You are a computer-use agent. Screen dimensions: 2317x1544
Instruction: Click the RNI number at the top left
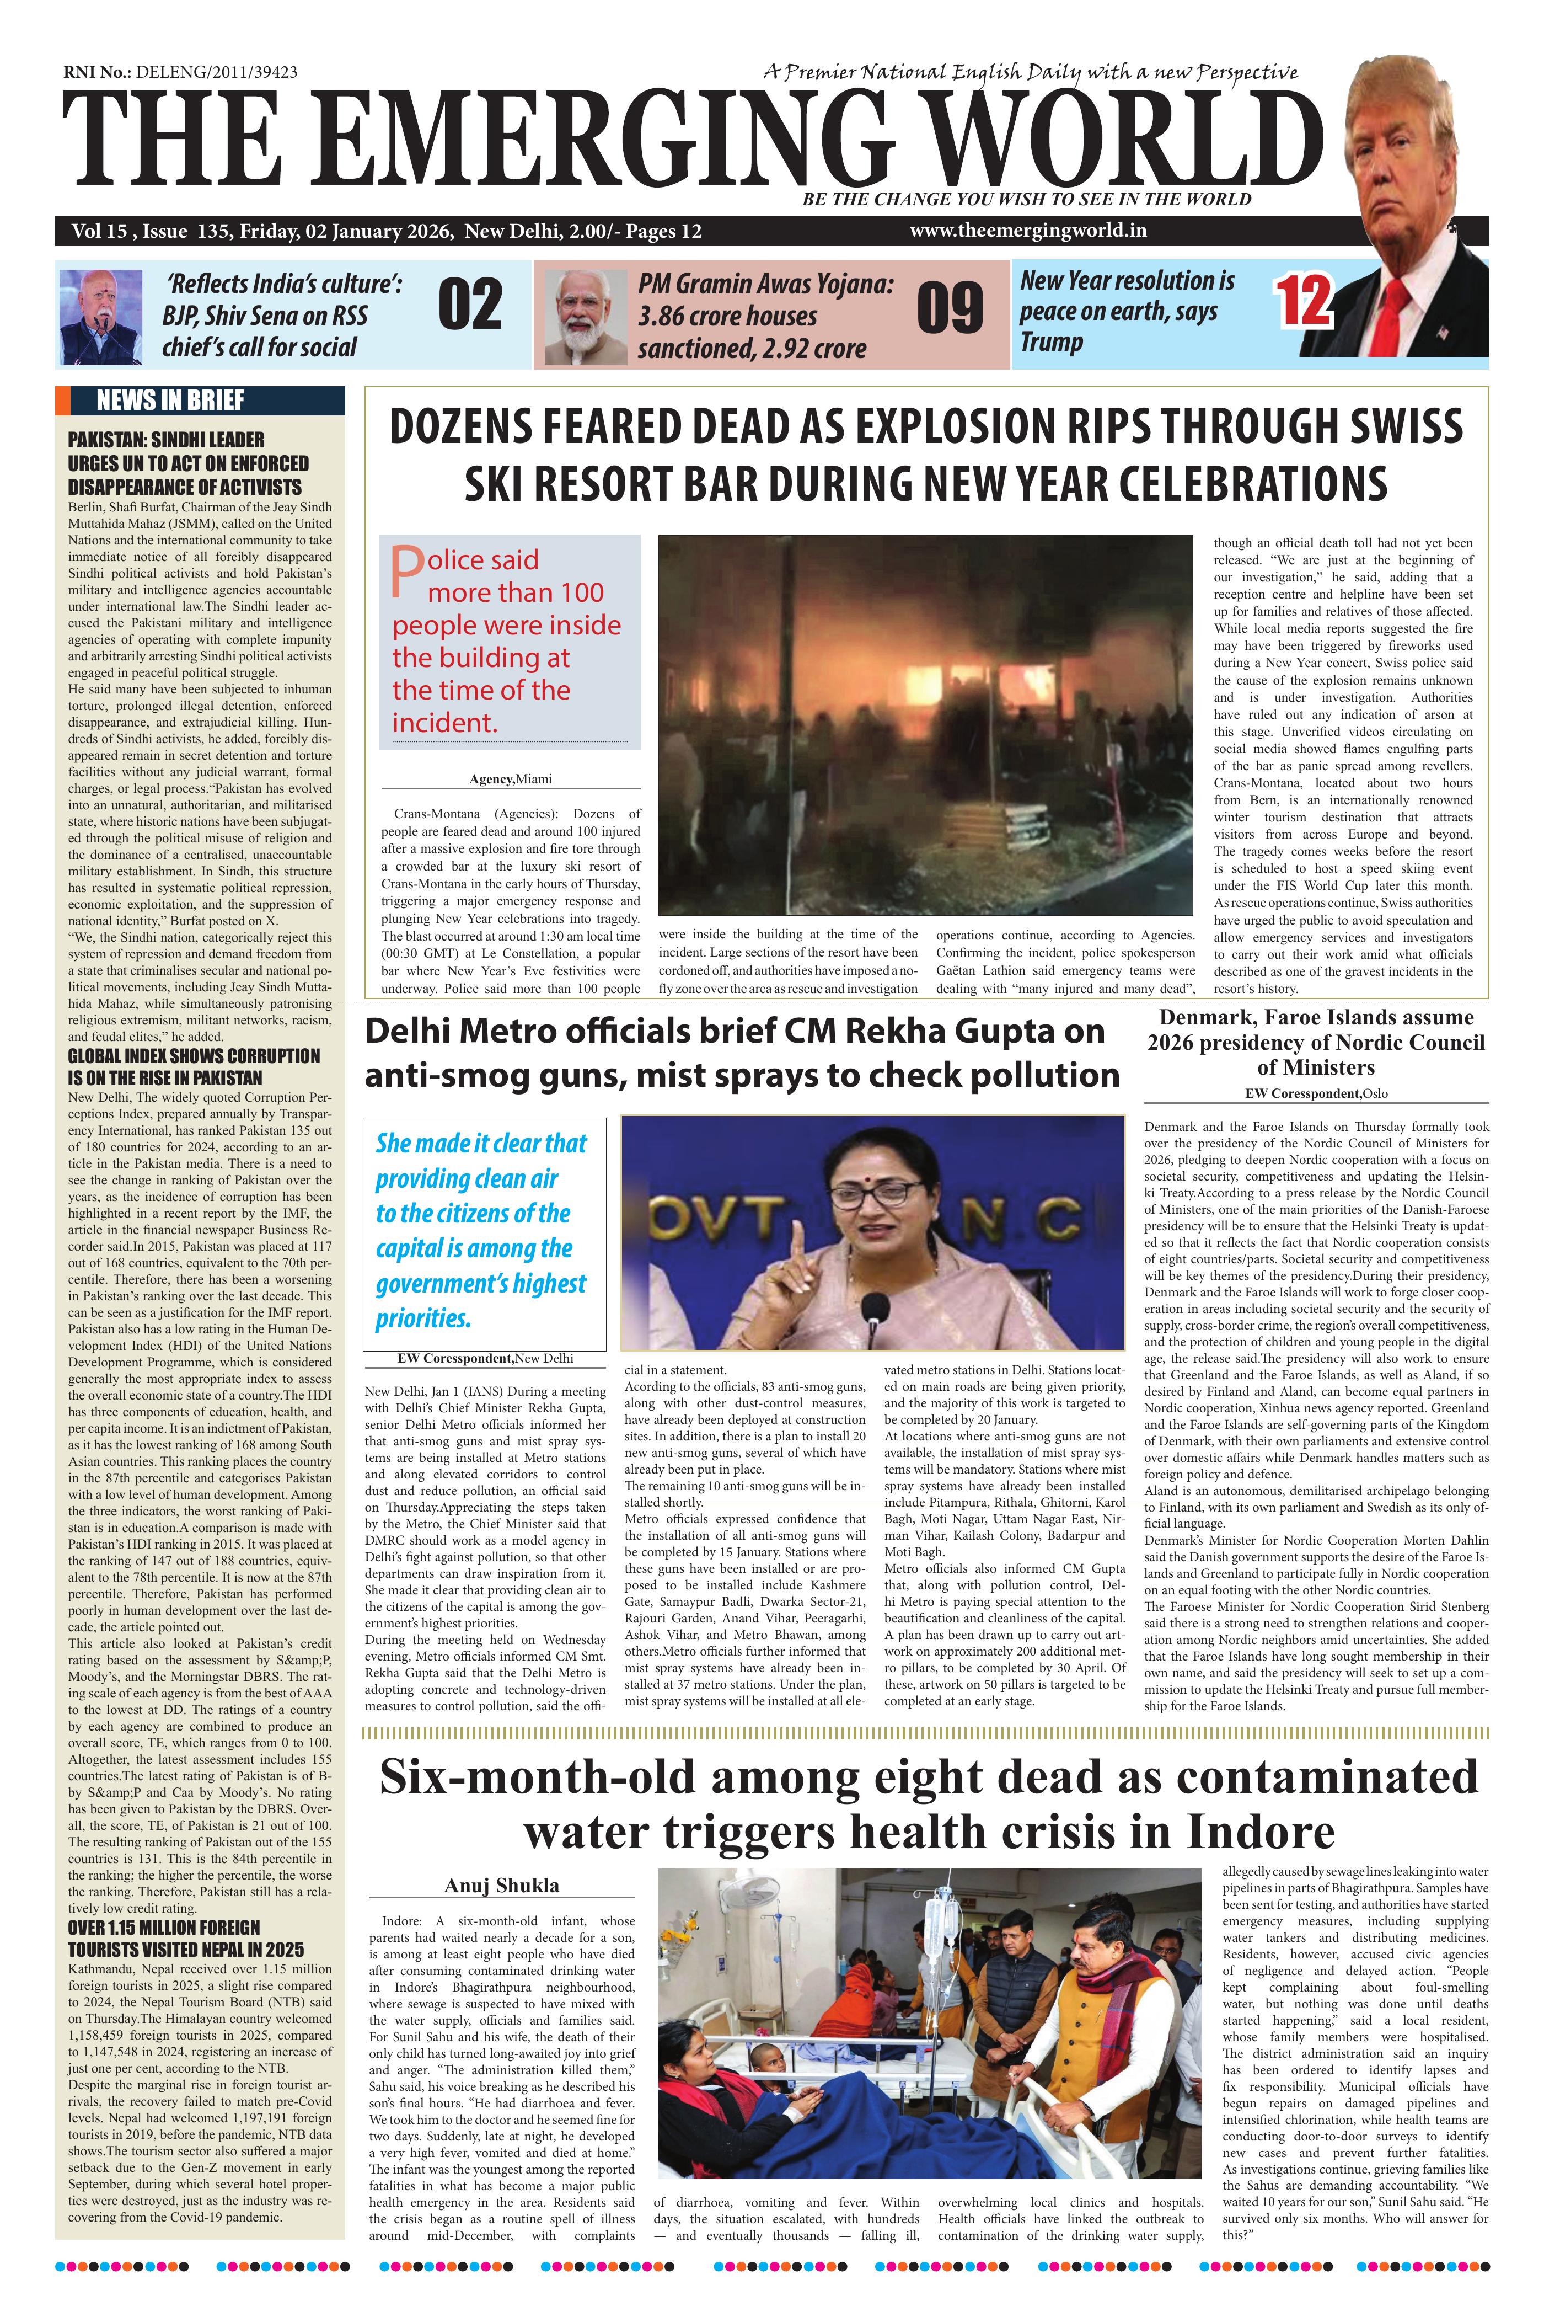pos(180,72)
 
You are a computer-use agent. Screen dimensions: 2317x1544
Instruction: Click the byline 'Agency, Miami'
pos(510,779)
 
